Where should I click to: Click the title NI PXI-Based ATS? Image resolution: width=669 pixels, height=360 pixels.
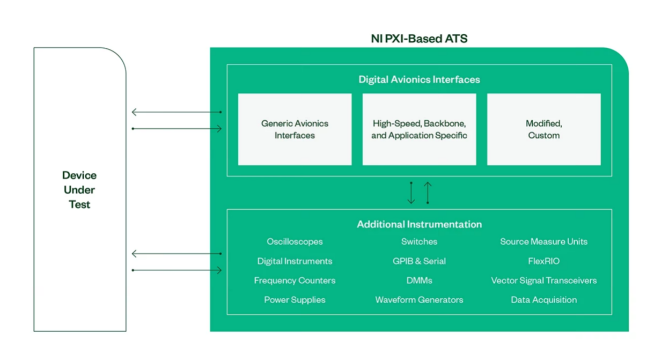point(419,39)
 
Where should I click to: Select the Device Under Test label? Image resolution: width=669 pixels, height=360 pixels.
point(79,190)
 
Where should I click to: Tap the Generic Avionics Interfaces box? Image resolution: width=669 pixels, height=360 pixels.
point(295,129)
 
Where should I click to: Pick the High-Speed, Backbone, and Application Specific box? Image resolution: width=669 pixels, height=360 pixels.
point(419,129)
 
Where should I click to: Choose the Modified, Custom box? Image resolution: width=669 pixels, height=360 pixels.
point(543,129)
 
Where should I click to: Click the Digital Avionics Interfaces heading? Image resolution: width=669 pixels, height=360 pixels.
point(419,79)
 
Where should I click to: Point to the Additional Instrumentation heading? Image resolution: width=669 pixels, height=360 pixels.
point(419,224)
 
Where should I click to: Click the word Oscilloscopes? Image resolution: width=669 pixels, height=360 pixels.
point(295,241)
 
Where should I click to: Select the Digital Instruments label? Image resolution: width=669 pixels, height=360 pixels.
point(295,261)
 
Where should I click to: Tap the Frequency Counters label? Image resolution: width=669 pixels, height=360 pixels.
point(295,281)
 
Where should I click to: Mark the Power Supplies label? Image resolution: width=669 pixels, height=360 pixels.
point(295,300)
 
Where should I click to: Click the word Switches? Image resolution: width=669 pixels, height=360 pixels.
point(419,241)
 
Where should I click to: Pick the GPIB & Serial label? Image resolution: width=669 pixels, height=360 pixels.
point(419,261)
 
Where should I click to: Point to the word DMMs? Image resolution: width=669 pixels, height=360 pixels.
point(419,281)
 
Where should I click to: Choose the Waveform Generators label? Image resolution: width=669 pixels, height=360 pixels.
point(419,300)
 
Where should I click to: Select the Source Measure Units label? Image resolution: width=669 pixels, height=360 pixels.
point(543,241)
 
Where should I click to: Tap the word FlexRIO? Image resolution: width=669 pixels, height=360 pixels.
point(543,261)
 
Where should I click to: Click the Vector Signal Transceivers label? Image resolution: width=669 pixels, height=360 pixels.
point(543,281)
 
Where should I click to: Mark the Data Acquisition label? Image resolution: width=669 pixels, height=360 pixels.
point(543,300)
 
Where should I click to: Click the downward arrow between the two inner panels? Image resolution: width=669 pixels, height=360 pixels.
point(411,193)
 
